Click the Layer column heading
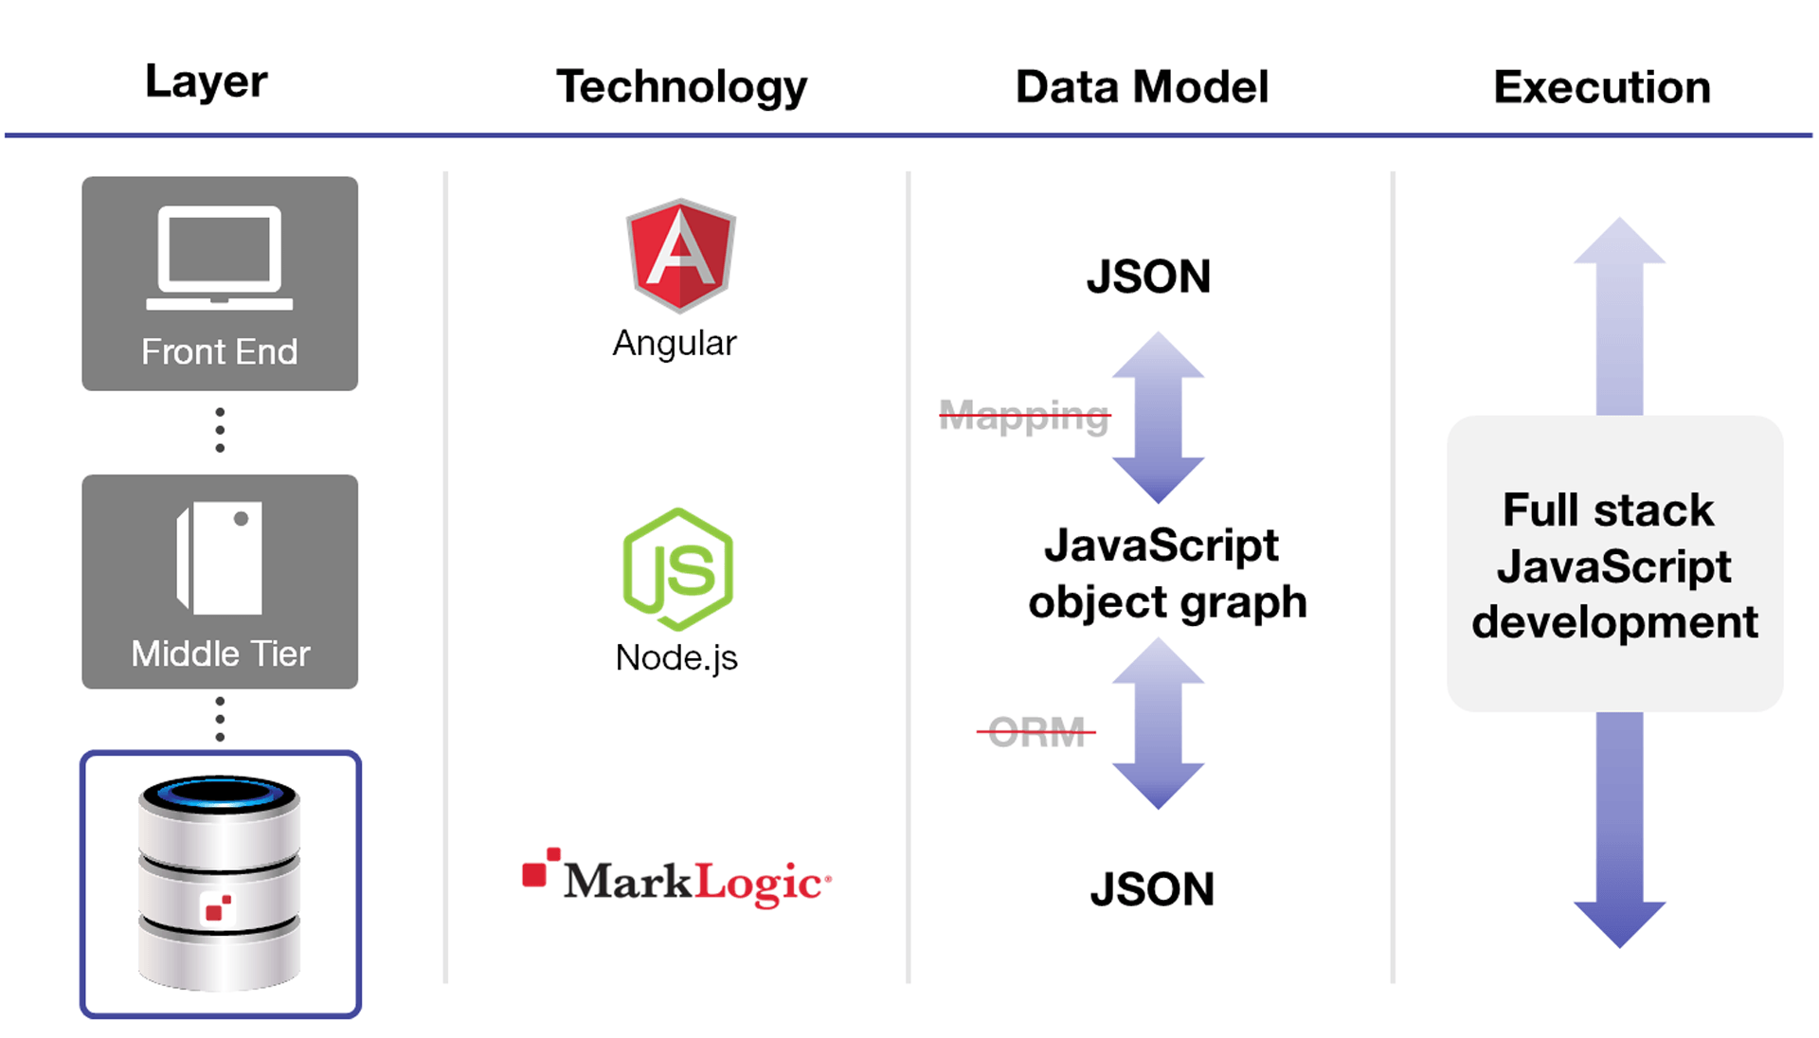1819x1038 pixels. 206,82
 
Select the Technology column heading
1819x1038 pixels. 681,87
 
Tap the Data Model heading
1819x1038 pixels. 1142,87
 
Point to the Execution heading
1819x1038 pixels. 1602,87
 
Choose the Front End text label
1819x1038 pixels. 220,352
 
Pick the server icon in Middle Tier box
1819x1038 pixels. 220,559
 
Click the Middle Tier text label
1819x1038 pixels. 220,653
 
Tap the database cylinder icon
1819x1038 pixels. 220,884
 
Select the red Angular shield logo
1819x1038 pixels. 680,256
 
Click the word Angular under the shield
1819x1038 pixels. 675,343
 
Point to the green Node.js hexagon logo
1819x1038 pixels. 678,569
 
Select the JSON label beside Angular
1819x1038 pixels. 1148,277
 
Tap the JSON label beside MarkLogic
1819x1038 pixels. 1152,889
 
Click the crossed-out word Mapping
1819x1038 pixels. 1024,415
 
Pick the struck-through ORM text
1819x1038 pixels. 1036,731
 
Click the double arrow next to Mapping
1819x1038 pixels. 1158,417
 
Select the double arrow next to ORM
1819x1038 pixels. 1158,723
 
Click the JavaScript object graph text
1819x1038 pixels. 1166,574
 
